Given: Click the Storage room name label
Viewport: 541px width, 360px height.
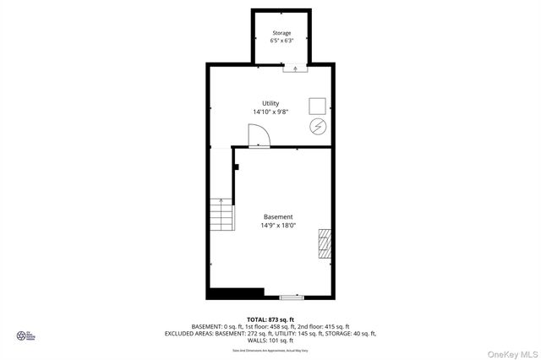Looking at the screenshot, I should coord(281,33).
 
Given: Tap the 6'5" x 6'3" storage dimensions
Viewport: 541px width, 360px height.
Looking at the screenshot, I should coord(281,41).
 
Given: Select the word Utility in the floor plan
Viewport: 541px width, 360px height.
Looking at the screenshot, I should coord(270,103).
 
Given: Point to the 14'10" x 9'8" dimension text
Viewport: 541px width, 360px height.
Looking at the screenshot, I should coord(270,112).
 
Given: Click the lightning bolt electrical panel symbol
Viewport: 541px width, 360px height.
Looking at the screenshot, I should coord(317,127).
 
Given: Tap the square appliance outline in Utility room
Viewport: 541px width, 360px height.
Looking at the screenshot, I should coord(317,106).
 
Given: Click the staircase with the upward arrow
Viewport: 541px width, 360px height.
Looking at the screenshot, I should coord(221,215).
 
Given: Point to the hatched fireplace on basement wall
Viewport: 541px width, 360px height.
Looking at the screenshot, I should coord(325,242).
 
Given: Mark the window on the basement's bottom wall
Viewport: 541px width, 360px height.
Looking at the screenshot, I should coord(291,297).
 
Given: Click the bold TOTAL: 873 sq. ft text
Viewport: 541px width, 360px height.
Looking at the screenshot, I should coord(270,319).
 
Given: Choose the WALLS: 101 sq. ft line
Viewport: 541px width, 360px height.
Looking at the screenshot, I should coord(270,341).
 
